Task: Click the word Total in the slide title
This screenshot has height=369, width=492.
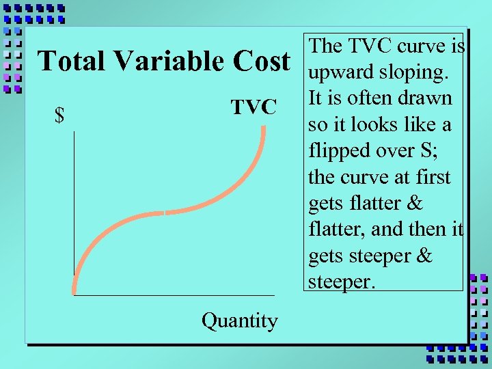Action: click(72, 61)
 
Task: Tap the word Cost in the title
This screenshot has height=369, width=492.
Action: click(260, 61)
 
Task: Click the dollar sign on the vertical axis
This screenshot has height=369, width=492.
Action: click(60, 117)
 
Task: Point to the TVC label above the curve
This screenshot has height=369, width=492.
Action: click(253, 107)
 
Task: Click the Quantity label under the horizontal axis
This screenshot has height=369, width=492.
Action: click(240, 320)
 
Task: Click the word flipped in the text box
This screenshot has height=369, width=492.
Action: click(339, 150)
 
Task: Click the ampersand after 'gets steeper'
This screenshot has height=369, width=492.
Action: click(424, 256)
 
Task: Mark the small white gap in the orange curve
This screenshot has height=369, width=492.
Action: click(165, 213)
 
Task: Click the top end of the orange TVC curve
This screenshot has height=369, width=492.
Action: click(264, 128)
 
